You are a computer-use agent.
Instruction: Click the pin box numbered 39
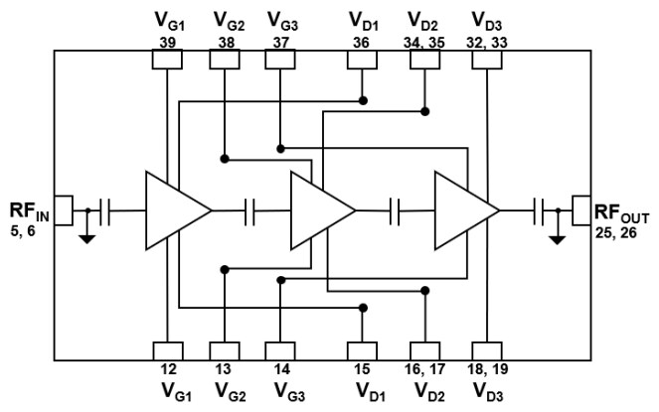167,60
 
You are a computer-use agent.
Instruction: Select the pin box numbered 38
225,60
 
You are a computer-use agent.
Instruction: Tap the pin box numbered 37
281,60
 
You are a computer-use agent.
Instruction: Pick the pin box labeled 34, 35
425,60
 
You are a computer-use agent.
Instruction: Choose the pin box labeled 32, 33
485,60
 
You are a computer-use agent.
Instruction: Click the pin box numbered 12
167,350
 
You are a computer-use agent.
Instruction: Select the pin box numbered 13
225,350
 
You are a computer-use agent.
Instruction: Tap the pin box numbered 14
281,350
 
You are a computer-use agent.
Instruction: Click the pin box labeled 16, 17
425,350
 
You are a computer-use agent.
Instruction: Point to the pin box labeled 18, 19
485,350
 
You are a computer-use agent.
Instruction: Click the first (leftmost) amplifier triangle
174,209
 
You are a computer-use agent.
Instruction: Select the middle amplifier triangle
318,209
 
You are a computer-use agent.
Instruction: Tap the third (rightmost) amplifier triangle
462,209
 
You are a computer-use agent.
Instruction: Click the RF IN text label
26,215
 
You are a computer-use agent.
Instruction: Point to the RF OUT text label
624,215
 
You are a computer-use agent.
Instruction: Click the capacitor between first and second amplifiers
250,209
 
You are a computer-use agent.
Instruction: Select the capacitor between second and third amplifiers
396,209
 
